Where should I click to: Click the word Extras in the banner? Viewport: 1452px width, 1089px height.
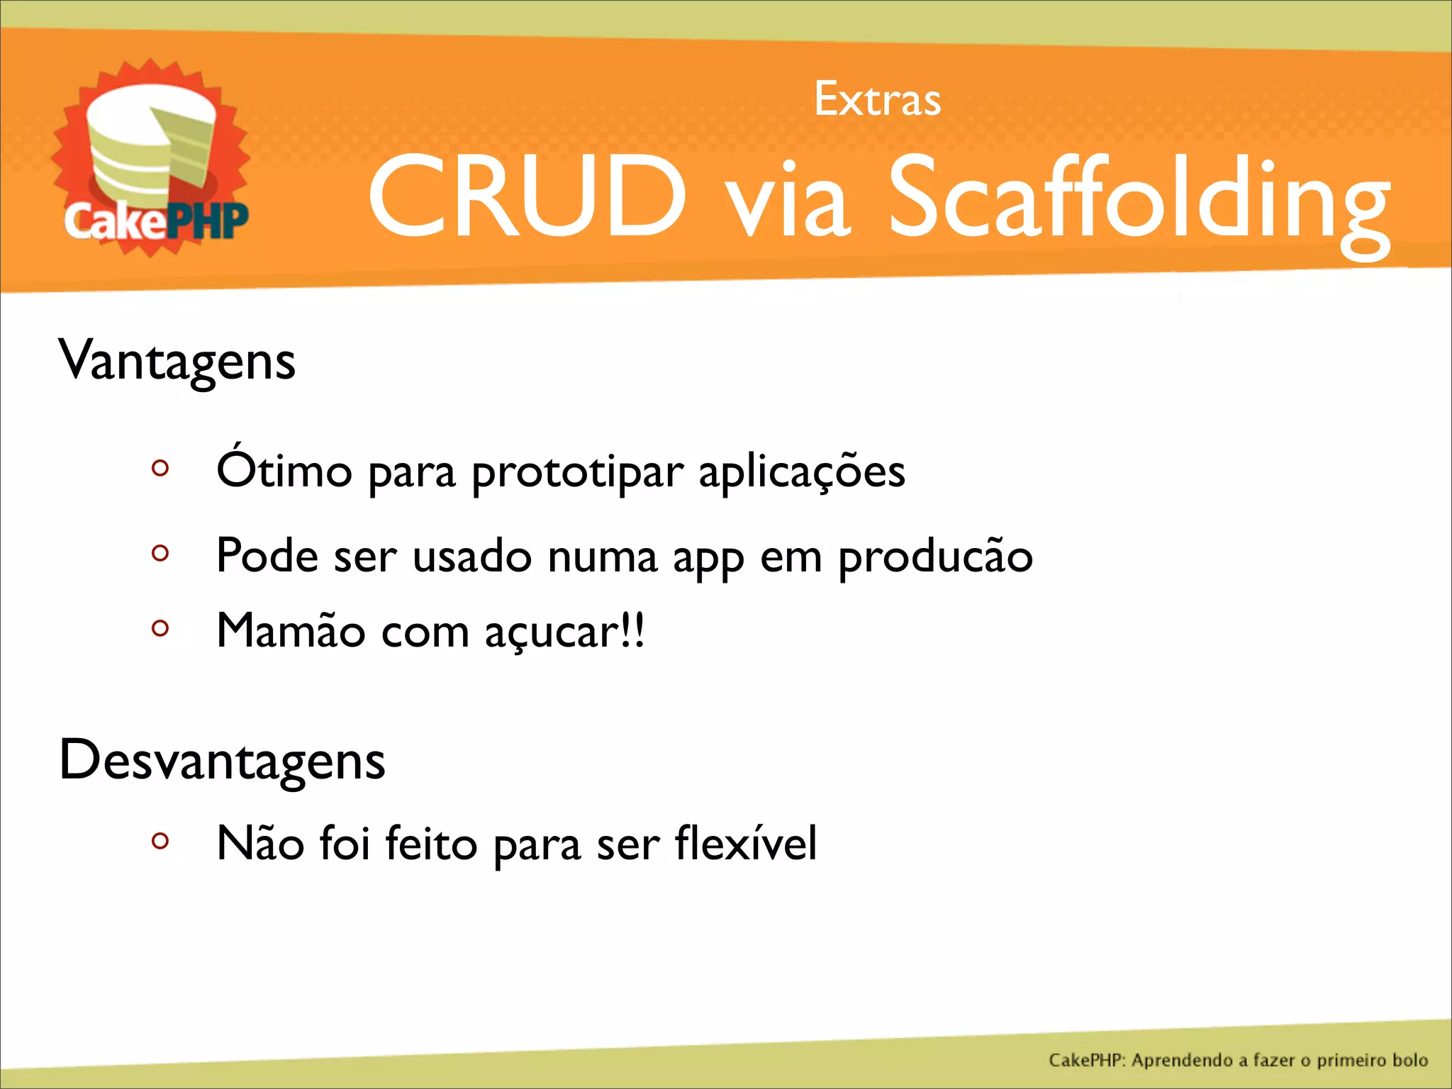pyautogui.click(x=877, y=100)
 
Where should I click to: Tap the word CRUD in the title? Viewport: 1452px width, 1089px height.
pyautogui.click(x=527, y=196)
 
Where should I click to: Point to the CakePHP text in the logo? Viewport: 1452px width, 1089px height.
pyautogui.click(x=156, y=221)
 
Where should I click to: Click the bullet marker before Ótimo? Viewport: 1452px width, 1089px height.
pyautogui.click(x=160, y=468)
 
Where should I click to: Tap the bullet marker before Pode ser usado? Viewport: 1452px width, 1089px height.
pyautogui.click(x=160, y=552)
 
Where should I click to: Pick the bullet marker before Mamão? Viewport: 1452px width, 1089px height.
pyautogui.click(x=160, y=628)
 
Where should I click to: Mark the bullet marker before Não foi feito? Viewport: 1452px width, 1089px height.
pyautogui.click(x=160, y=841)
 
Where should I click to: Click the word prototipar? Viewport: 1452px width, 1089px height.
pyautogui.click(x=578, y=474)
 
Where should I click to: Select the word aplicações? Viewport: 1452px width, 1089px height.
pyautogui.click(x=802, y=474)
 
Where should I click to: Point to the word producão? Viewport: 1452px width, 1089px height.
pyautogui.click(x=935, y=557)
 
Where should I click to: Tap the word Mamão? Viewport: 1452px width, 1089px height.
pyautogui.click(x=291, y=630)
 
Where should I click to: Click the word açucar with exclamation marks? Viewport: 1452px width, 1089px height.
pyautogui.click(x=564, y=632)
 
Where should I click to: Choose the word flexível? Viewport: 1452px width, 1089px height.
pyautogui.click(x=746, y=844)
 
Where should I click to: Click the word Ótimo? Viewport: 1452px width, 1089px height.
pyautogui.click(x=284, y=469)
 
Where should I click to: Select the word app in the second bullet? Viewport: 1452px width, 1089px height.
pyautogui.click(x=708, y=559)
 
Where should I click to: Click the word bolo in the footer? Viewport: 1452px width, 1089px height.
pyautogui.click(x=1409, y=1061)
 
